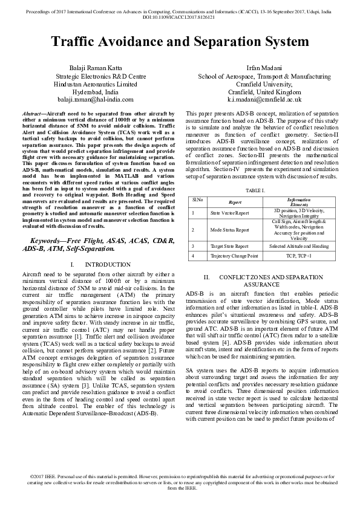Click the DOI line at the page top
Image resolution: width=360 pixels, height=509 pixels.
tap(180, 18)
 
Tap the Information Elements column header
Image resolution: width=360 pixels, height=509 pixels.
tap(299, 201)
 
